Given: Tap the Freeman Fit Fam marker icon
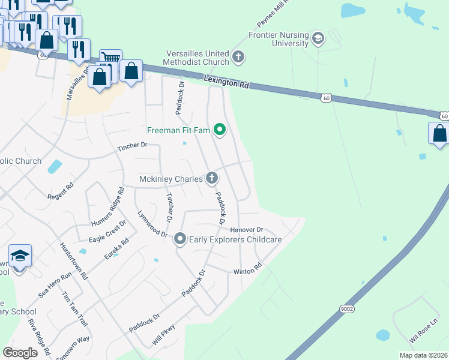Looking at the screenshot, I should click(x=220, y=130).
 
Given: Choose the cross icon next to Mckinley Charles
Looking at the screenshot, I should click(x=211, y=178).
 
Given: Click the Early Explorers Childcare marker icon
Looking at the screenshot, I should click(x=179, y=239).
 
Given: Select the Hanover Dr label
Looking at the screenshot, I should click(x=246, y=230).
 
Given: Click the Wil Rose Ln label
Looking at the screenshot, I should click(x=424, y=331).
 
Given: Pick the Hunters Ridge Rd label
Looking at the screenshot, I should click(x=111, y=206).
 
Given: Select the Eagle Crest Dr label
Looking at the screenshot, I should click(x=107, y=230).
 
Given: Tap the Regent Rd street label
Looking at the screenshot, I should click(x=60, y=196).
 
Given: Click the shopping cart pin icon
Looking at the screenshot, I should click(x=110, y=58).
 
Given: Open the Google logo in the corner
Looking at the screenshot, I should click(x=20, y=353).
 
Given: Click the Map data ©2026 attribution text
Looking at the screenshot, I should click(x=423, y=355).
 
